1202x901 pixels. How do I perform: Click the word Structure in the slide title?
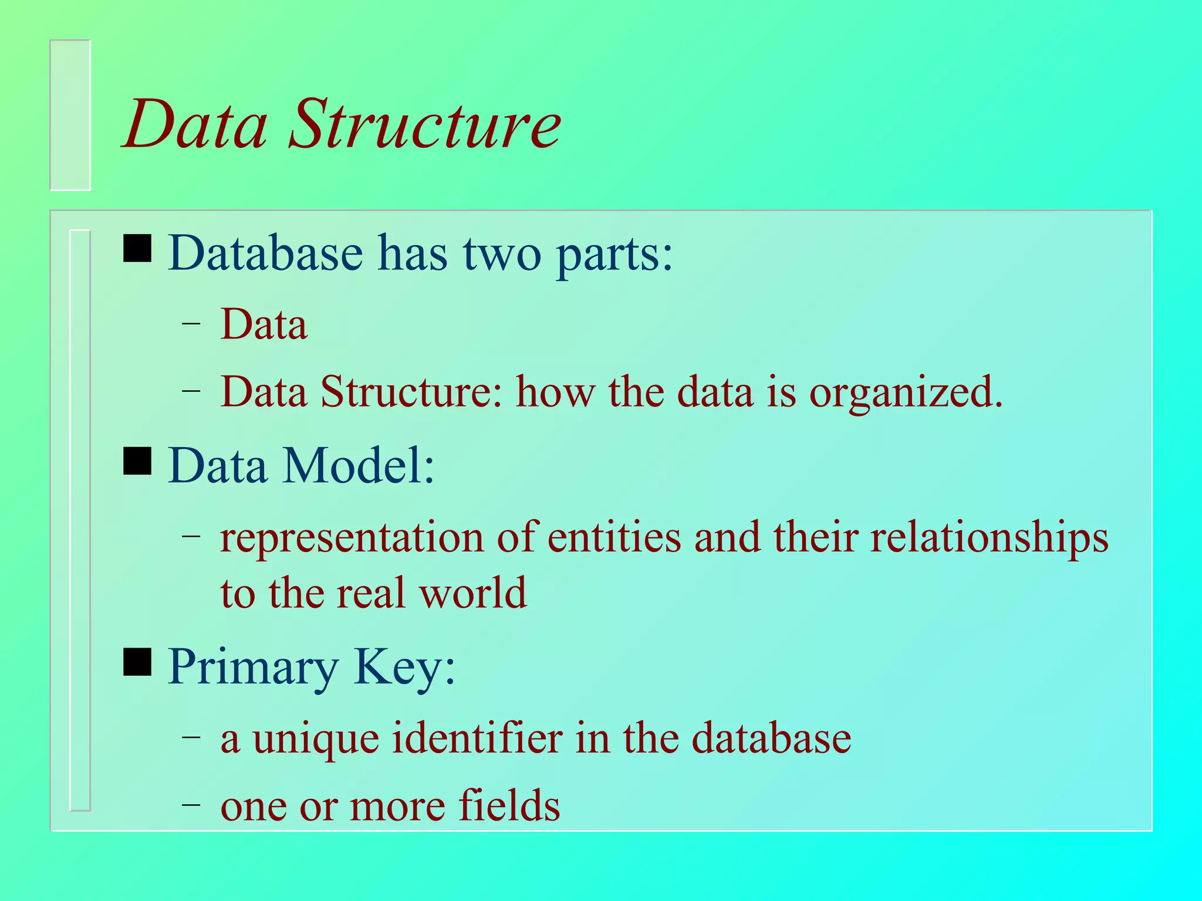pos(424,124)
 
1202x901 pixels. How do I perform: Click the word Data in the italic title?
pos(195,124)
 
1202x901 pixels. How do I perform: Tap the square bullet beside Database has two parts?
pos(137,249)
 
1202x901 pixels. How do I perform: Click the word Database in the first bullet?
pos(265,253)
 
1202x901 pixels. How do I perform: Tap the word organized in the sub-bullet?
pos(906,392)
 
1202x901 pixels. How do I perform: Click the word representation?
pos(352,538)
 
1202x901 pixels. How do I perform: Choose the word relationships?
pos(989,538)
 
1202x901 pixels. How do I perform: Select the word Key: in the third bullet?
pos(404,668)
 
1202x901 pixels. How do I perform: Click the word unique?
pos(316,739)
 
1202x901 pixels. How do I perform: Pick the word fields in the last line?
pos(509,805)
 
